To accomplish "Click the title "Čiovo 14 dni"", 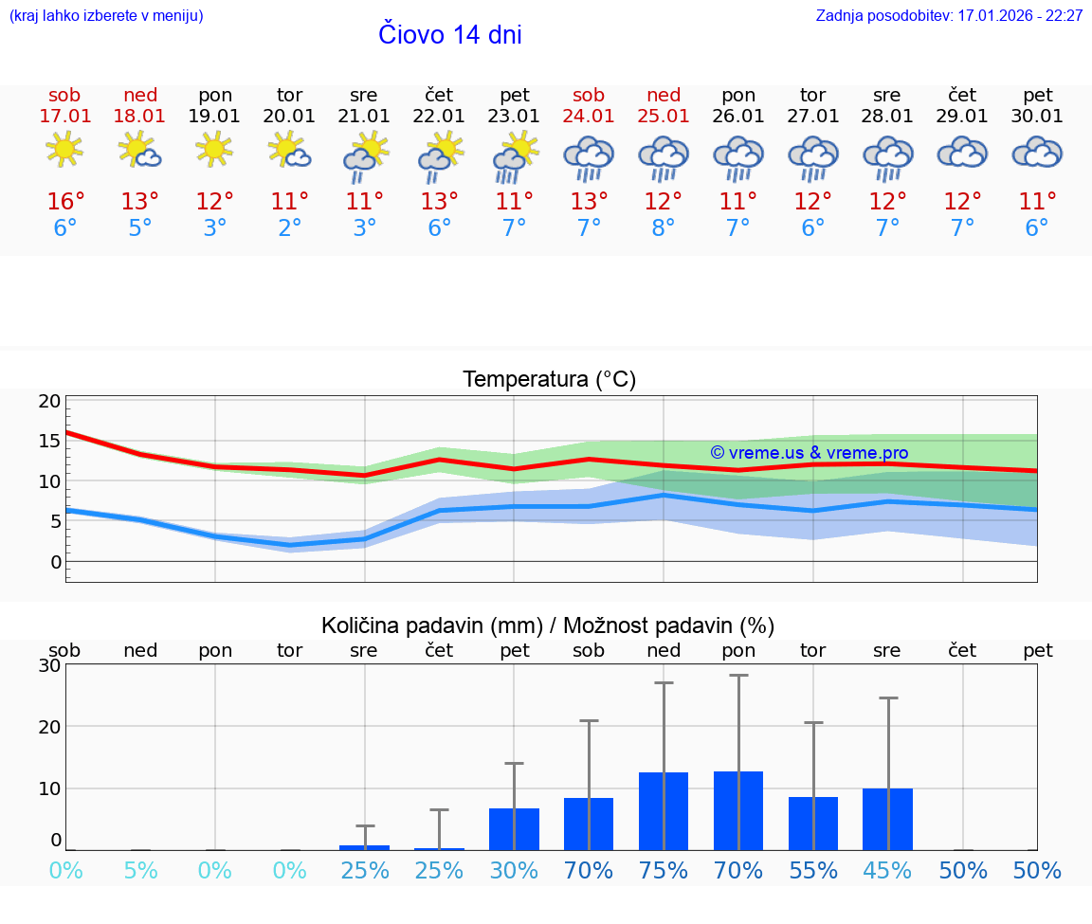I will pyautogui.click(x=450, y=35).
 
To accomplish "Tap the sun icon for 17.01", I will pyautogui.click(x=64, y=150).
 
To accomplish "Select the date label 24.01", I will pyautogui.click(x=589, y=117).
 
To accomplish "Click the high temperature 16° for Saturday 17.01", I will pyautogui.click(x=65, y=202).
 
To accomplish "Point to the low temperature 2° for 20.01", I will pyautogui.click(x=290, y=228).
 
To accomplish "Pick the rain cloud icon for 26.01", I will pyautogui.click(x=738, y=157).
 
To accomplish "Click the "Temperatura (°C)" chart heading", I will pyautogui.click(x=549, y=380).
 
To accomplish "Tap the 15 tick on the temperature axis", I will pyautogui.click(x=50, y=441).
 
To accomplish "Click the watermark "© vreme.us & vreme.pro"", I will pyautogui.click(x=810, y=453).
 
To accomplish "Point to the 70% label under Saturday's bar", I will pyautogui.click(x=589, y=871).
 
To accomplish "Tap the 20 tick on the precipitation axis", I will pyautogui.click(x=50, y=727).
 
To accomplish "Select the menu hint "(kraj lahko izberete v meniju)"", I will pyautogui.click(x=106, y=16).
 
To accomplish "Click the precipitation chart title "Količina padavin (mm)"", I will pyautogui.click(x=431, y=625).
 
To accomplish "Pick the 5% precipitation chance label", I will pyautogui.click(x=140, y=871).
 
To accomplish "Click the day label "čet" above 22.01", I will pyautogui.click(x=439, y=95).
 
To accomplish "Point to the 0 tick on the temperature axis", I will pyautogui.click(x=56, y=562).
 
